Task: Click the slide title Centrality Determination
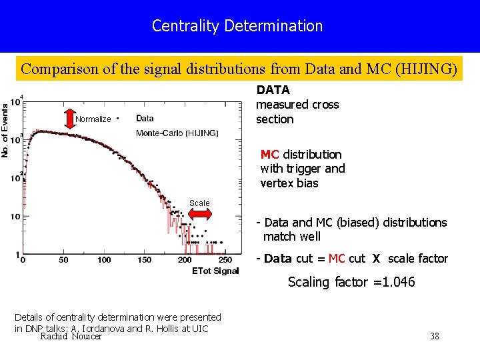pyautogui.click(x=237, y=26)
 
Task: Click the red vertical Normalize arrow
pyautogui.click(x=70, y=119)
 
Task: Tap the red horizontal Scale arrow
pyautogui.click(x=199, y=214)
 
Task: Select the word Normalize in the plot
pyautogui.click(x=93, y=119)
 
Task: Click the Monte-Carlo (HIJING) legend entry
pyautogui.click(x=177, y=133)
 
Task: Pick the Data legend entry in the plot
pyautogui.click(x=145, y=119)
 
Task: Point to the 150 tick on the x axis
pyautogui.click(x=144, y=260)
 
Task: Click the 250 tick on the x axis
pyautogui.click(x=225, y=260)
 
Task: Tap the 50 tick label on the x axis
pyautogui.click(x=63, y=260)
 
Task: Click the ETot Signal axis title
pyautogui.click(x=215, y=271)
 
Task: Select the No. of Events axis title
pyautogui.click(x=5, y=131)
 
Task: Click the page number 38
pyautogui.click(x=435, y=336)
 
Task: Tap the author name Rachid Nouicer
pyautogui.click(x=71, y=337)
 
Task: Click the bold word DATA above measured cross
pyautogui.click(x=273, y=90)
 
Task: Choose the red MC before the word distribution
pyautogui.click(x=270, y=155)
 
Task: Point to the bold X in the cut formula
pyautogui.click(x=376, y=259)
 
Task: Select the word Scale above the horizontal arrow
pyautogui.click(x=199, y=203)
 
